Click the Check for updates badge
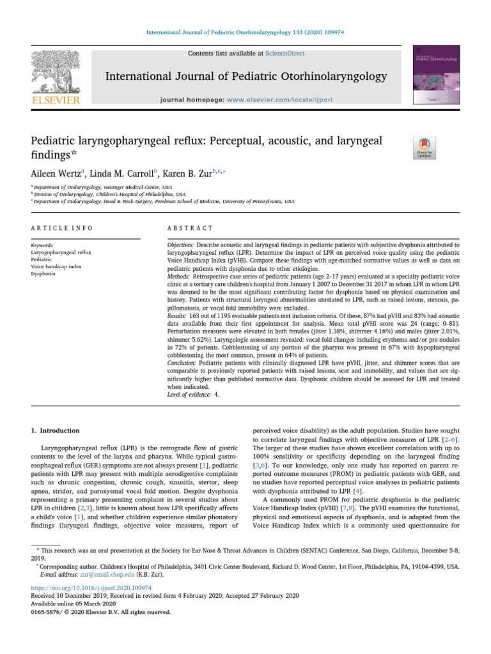click(x=425, y=148)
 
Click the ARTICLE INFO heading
click(x=61, y=228)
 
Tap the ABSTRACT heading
click(x=190, y=228)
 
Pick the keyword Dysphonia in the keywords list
click(x=43, y=273)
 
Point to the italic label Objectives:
click(x=181, y=245)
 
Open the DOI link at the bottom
click(x=91, y=587)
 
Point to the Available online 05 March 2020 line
click(x=74, y=603)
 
